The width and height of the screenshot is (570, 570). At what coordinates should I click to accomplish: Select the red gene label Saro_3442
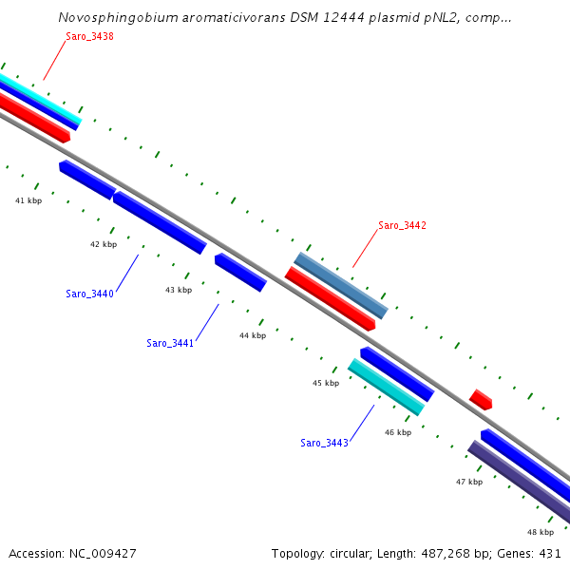pyautogui.click(x=402, y=225)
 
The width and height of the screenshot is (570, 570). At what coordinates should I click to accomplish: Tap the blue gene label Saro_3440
pyautogui.click(x=89, y=294)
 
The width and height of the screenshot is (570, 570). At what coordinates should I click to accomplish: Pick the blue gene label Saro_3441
pyautogui.click(x=170, y=343)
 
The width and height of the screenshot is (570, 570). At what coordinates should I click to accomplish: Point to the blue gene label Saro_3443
pyautogui.click(x=324, y=443)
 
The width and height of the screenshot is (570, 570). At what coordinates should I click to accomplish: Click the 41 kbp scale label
pyautogui.click(x=28, y=200)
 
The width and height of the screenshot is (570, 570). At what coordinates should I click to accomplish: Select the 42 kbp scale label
pyautogui.click(x=104, y=244)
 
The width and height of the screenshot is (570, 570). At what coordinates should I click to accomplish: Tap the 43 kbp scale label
pyautogui.click(x=179, y=290)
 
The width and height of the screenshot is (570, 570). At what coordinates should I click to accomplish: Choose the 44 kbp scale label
pyautogui.click(x=253, y=335)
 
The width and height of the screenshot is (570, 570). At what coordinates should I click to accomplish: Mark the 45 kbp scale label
pyautogui.click(x=326, y=383)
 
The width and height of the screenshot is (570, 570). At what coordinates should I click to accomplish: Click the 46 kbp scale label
pyautogui.click(x=398, y=432)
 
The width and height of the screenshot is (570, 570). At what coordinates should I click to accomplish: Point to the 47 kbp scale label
pyautogui.click(x=469, y=482)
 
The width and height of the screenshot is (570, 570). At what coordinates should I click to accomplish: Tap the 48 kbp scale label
pyautogui.click(x=541, y=532)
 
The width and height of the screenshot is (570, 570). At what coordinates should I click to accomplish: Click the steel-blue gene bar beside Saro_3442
pyautogui.click(x=340, y=285)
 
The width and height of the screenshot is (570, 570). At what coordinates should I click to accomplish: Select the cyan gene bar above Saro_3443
pyautogui.click(x=386, y=387)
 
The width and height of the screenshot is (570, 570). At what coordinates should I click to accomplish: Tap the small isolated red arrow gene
pyautogui.click(x=481, y=399)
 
